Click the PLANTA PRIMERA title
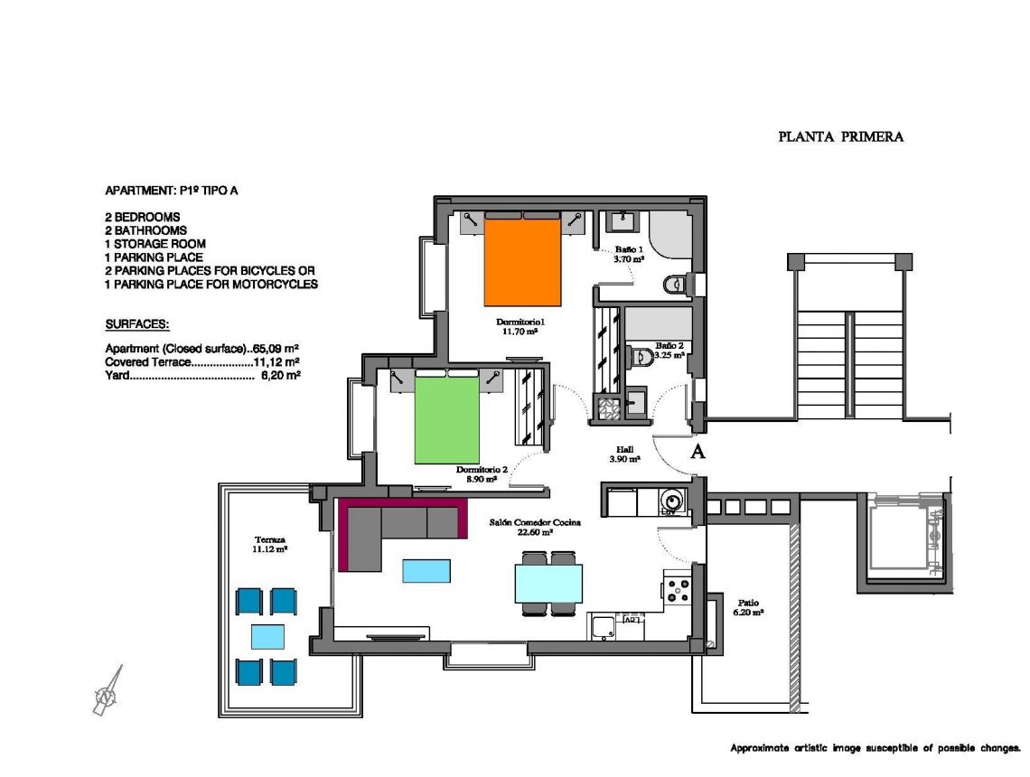(840, 137)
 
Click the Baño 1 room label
(629, 254)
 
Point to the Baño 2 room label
(669, 351)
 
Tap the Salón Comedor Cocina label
(535, 527)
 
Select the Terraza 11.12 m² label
(270, 543)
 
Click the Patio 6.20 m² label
(748, 607)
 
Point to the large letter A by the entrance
(698, 453)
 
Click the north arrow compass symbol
(108, 694)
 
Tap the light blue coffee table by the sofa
(426, 570)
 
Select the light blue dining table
(548, 583)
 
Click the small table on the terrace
(267, 636)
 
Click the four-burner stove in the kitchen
(676, 589)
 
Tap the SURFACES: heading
(137, 323)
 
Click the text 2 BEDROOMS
(143, 217)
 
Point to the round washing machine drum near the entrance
(670, 499)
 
